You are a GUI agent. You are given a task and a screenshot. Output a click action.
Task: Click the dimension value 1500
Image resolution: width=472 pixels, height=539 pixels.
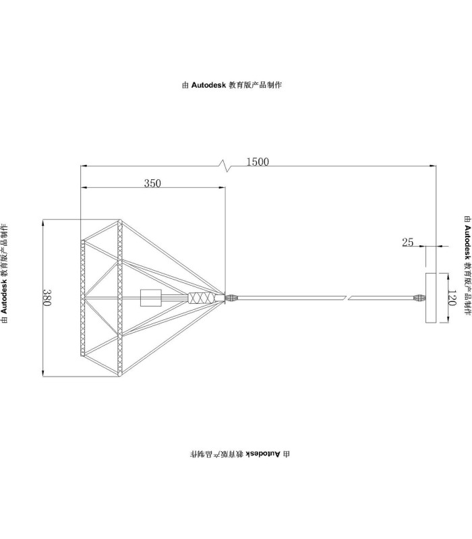tap(258, 162)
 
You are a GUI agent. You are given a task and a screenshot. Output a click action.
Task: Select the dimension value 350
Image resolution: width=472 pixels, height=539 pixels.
tap(152, 183)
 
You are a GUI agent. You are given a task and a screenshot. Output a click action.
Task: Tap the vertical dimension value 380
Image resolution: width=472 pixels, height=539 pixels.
tap(47, 297)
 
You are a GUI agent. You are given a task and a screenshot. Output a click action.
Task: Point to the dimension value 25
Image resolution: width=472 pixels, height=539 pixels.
tap(408, 243)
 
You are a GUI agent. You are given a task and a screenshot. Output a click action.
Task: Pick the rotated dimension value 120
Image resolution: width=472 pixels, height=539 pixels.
tap(452, 298)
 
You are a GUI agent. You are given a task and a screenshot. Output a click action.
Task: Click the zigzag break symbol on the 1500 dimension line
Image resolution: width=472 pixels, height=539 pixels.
tap(225, 166)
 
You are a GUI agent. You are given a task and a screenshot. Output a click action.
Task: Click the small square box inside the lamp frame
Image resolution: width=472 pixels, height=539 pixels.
tap(151, 298)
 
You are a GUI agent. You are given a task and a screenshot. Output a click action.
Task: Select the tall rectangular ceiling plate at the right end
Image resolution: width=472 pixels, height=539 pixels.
tap(431, 298)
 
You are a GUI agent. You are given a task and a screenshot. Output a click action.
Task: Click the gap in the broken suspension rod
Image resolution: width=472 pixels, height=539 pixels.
tap(347, 297)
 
